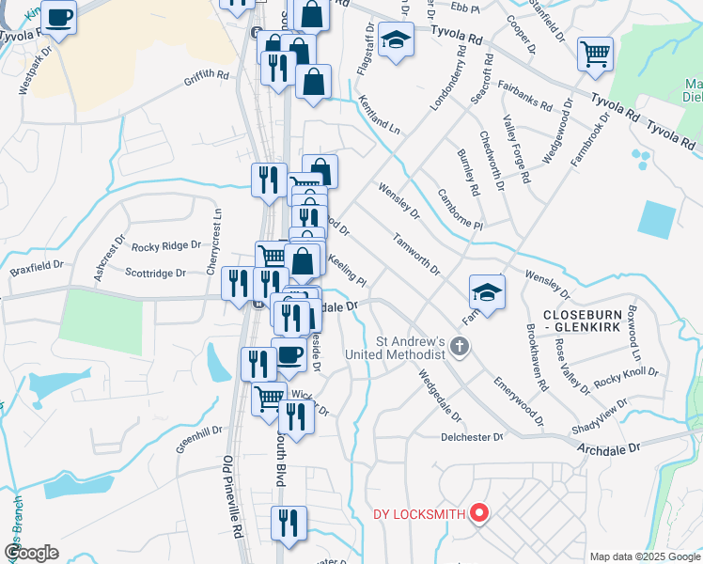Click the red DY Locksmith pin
tap(479, 513)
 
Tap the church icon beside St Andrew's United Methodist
tap(460, 347)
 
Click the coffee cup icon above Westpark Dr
tap(59, 17)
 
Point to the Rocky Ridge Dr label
tap(166, 246)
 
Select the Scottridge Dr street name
tap(156, 273)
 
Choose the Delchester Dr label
tap(473, 437)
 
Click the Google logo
tap(31, 553)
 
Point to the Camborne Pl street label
tap(460, 211)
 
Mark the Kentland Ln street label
tap(378, 117)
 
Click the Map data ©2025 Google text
tap(644, 556)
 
